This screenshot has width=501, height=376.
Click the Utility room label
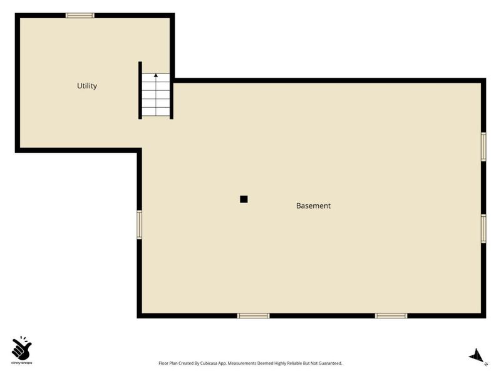(x=87, y=86)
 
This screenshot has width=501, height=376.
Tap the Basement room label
(x=314, y=206)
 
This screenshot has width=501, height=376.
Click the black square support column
(x=244, y=199)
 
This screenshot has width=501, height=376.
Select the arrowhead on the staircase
(x=156, y=75)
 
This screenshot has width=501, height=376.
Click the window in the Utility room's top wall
(x=80, y=15)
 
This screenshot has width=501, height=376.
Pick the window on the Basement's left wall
(x=139, y=224)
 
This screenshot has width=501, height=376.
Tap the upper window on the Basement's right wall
(x=483, y=147)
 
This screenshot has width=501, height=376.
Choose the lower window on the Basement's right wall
(x=483, y=229)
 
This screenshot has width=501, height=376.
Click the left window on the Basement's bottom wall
(x=254, y=316)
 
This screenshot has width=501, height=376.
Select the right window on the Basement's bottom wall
(x=391, y=316)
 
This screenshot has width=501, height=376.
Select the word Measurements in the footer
(x=242, y=363)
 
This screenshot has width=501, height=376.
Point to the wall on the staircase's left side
(x=140, y=90)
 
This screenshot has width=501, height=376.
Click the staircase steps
(x=156, y=95)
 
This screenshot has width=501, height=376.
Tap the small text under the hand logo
(x=22, y=363)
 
